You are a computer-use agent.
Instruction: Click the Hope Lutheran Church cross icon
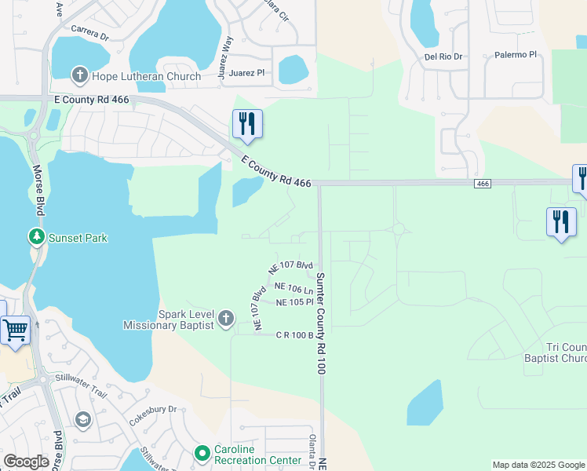click(79, 76)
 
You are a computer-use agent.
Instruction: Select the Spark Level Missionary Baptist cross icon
click(226, 318)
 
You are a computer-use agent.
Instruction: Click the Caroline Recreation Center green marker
click(202, 453)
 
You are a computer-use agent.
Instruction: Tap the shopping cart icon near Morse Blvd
click(15, 330)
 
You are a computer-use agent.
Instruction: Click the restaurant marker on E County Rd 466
click(247, 124)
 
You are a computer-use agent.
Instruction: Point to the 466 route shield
click(483, 183)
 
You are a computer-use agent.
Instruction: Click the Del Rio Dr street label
click(445, 57)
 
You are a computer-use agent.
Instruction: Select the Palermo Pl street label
click(516, 55)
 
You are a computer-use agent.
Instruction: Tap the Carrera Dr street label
click(89, 35)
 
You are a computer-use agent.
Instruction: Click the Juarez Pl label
click(248, 72)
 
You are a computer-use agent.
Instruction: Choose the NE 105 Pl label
click(295, 302)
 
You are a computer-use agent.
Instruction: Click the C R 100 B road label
click(294, 334)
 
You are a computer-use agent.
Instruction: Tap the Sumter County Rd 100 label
click(320, 322)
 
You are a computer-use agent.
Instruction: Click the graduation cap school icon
click(82, 420)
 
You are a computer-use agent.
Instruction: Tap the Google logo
click(26, 462)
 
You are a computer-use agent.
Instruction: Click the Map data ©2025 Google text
click(538, 465)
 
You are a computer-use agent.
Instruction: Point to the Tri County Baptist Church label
click(566, 352)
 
